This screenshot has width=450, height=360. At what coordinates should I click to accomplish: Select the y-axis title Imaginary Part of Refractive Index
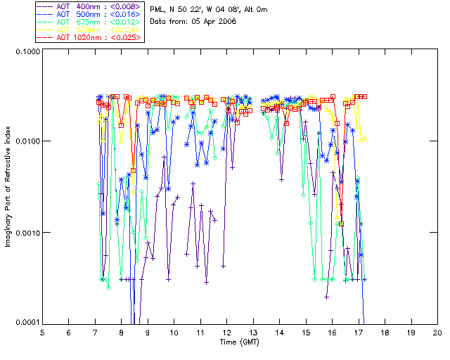tap(8, 187)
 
